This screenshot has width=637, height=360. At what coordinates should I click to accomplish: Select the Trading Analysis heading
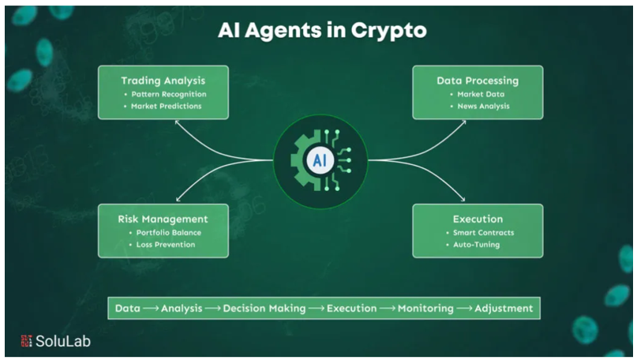click(163, 81)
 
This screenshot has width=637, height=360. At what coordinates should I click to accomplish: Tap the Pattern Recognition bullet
click(168, 94)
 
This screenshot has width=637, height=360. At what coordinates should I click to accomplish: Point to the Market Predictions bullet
click(167, 106)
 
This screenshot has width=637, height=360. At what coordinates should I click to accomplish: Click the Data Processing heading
click(478, 81)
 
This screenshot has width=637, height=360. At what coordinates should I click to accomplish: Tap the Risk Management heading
click(163, 219)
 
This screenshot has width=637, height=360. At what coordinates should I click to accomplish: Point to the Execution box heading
click(478, 219)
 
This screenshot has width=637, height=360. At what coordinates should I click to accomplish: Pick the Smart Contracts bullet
click(483, 232)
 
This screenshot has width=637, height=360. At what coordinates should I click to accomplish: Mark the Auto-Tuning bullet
click(476, 245)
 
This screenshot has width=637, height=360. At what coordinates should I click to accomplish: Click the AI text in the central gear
click(320, 160)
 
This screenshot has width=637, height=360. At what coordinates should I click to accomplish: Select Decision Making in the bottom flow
click(264, 308)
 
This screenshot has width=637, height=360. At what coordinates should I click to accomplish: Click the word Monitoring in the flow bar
click(425, 308)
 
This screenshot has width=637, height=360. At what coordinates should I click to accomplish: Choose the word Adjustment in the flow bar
click(504, 308)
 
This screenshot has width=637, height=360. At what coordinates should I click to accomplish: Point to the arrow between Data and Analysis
click(152, 308)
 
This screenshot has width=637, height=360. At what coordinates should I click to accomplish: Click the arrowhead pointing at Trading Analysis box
click(178, 123)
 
